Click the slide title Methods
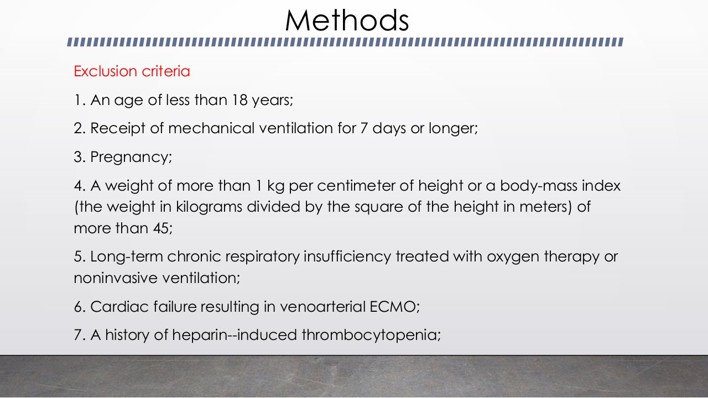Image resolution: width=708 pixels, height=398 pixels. coord(347,20)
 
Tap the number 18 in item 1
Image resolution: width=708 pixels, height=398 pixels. coord(240,100)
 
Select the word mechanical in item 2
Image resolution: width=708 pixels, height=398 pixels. coord(211,128)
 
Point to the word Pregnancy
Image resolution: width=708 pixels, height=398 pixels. coord(131,158)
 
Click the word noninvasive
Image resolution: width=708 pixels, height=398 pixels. coord(116,278)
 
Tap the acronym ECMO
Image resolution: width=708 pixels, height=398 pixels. coord(393,307)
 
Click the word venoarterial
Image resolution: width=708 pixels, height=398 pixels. coord(322,307)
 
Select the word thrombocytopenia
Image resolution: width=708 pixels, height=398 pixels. coord(369,336)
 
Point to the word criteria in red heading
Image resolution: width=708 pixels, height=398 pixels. coord(165,71)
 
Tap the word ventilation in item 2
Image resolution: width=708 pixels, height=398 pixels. coord(296,128)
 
